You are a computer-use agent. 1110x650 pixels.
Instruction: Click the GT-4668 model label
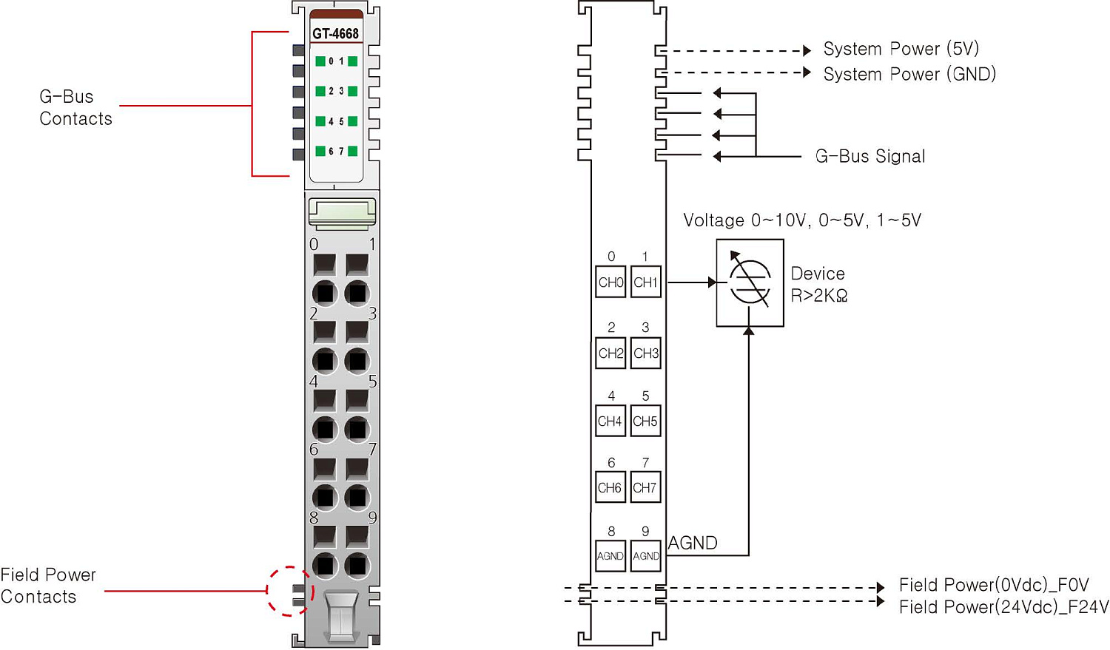(335, 34)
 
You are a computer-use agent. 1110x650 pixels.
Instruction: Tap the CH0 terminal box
(610, 282)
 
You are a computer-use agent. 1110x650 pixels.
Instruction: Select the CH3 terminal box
(646, 353)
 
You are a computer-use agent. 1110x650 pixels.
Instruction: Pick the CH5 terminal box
(645, 422)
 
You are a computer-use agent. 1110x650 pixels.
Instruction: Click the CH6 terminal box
(610, 487)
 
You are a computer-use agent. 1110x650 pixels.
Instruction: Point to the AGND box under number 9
(646, 556)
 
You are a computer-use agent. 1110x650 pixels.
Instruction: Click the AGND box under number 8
(610, 556)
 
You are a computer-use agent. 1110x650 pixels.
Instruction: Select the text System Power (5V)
(901, 49)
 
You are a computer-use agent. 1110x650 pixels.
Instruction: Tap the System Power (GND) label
(909, 74)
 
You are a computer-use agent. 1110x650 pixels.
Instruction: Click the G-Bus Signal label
(870, 156)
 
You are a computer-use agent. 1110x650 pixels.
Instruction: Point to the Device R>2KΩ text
(819, 285)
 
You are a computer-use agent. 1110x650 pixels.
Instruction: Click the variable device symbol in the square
(750, 282)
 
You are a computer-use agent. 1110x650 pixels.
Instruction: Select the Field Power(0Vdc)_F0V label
(994, 585)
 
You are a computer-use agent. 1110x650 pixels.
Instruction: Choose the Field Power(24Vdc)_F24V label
(1003, 607)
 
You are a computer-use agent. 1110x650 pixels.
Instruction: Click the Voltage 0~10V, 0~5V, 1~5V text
(802, 220)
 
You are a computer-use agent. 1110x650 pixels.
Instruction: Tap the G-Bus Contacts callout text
(75, 108)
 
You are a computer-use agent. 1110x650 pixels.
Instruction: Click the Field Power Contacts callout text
(48, 586)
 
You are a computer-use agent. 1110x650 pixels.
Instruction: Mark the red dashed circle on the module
(290, 590)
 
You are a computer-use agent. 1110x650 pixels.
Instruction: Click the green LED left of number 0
(320, 61)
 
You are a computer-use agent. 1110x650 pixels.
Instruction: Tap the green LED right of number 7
(353, 151)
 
